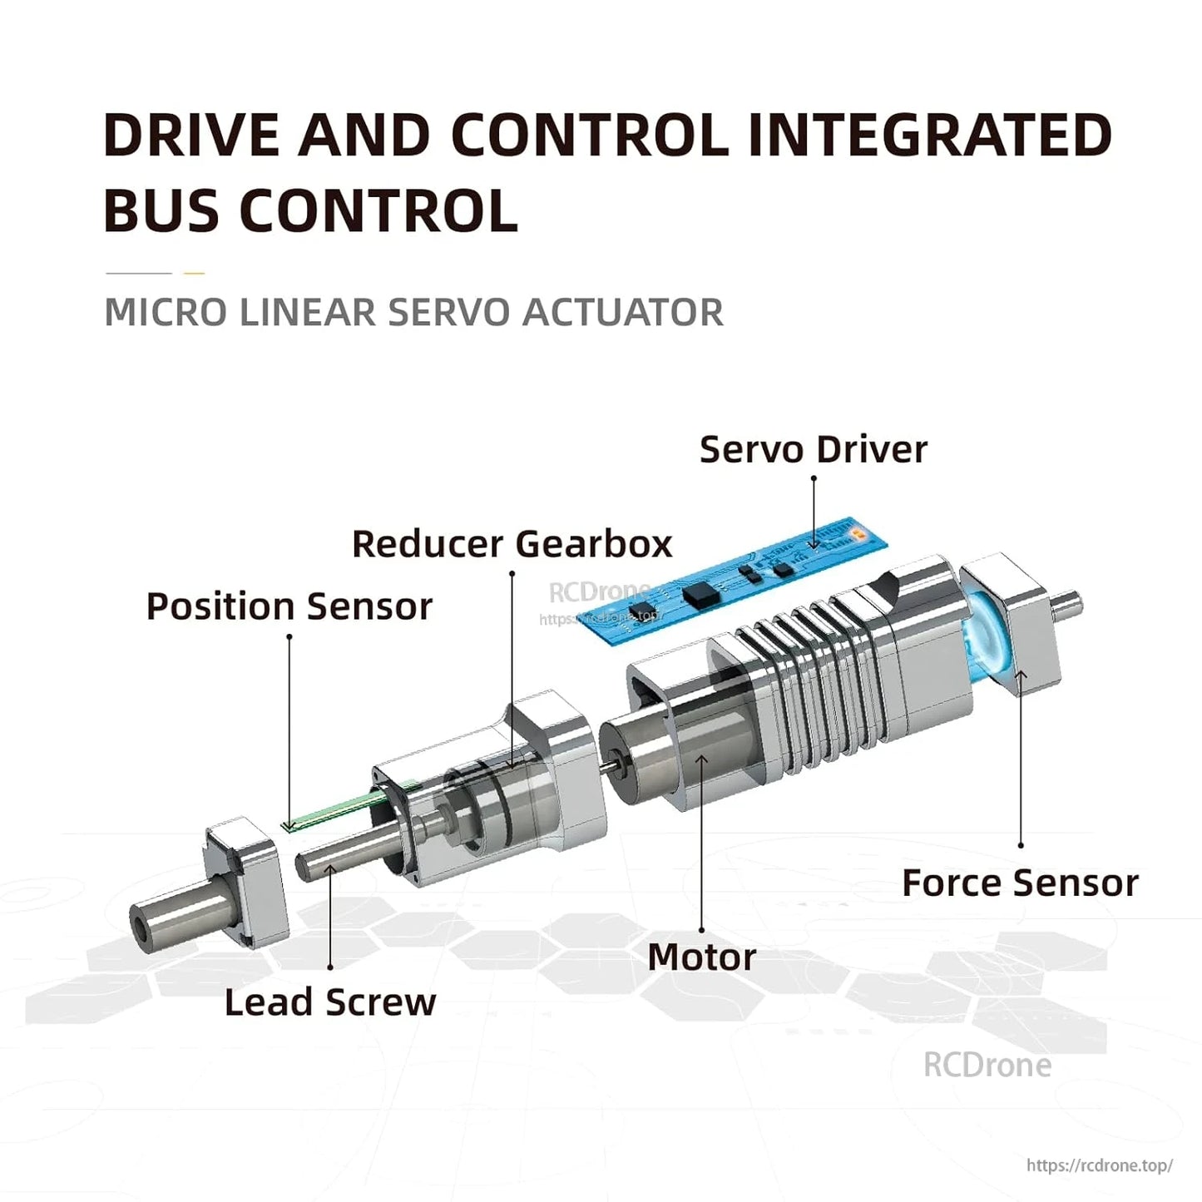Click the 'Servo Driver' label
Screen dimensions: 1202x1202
(x=813, y=450)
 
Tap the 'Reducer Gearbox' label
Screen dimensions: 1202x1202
(x=512, y=544)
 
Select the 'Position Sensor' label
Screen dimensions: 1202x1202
(x=289, y=606)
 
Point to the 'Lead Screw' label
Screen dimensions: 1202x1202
(x=329, y=1002)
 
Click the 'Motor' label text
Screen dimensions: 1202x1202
(x=701, y=957)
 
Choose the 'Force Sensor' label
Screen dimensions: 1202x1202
(x=1020, y=883)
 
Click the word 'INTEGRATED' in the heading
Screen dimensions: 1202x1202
(x=929, y=136)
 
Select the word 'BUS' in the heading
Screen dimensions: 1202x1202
(x=162, y=210)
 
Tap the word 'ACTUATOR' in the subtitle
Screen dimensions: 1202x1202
(x=622, y=313)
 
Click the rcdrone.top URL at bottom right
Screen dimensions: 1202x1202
(x=1099, y=1165)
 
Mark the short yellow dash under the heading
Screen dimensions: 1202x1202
(x=194, y=273)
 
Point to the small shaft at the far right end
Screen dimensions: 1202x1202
(x=1067, y=606)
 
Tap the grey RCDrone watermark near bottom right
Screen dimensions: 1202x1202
(x=987, y=1066)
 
